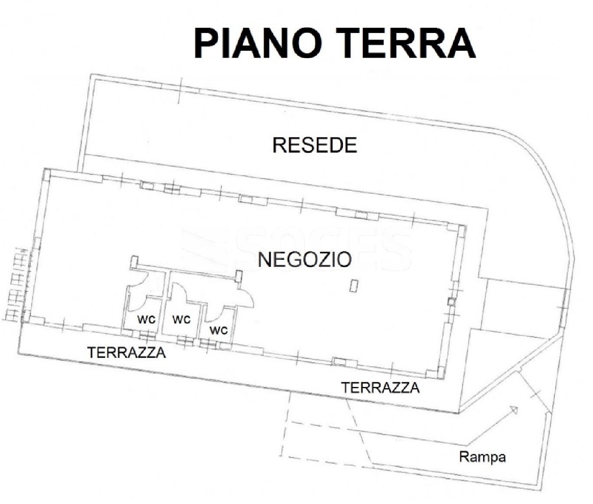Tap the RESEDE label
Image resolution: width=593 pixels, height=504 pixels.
(315, 145)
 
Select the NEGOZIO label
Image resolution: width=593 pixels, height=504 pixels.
(305, 259)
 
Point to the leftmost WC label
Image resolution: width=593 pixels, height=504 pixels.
(147, 320)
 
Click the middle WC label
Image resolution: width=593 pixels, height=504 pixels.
(181, 320)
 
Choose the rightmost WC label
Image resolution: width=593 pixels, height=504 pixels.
(218, 331)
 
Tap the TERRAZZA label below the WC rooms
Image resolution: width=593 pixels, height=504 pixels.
(127, 353)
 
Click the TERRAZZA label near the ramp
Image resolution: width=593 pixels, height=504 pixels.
(381, 387)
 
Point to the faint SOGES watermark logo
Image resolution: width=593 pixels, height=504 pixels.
(297, 249)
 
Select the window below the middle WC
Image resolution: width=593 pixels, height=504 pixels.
(184, 340)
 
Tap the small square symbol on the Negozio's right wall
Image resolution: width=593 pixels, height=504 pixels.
(451, 301)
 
